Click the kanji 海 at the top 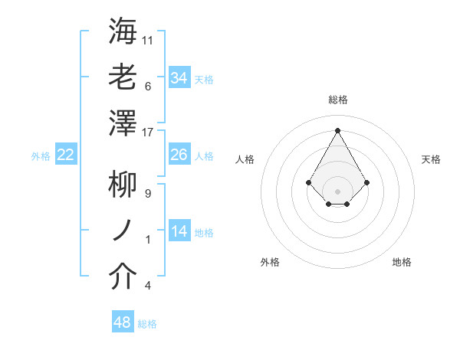click(123, 31)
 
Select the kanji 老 click(123, 77)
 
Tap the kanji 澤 click(123, 123)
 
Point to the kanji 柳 click(123, 185)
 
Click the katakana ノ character click(123, 231)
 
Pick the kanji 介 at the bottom click(123, 277)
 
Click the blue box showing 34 click(179, 77)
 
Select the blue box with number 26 click(179, 155)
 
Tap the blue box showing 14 click(179, 231)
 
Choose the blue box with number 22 click(66, 155)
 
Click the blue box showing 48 click(123, 322)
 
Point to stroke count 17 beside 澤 click(148, 132)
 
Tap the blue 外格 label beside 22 click(41, 156)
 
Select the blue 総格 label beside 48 click(147, 324)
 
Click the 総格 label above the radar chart click(337, 100)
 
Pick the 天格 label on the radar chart click(431, 159)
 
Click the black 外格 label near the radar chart click(270, 262)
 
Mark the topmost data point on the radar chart click(337, 129)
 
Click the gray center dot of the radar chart click(337, 191)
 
